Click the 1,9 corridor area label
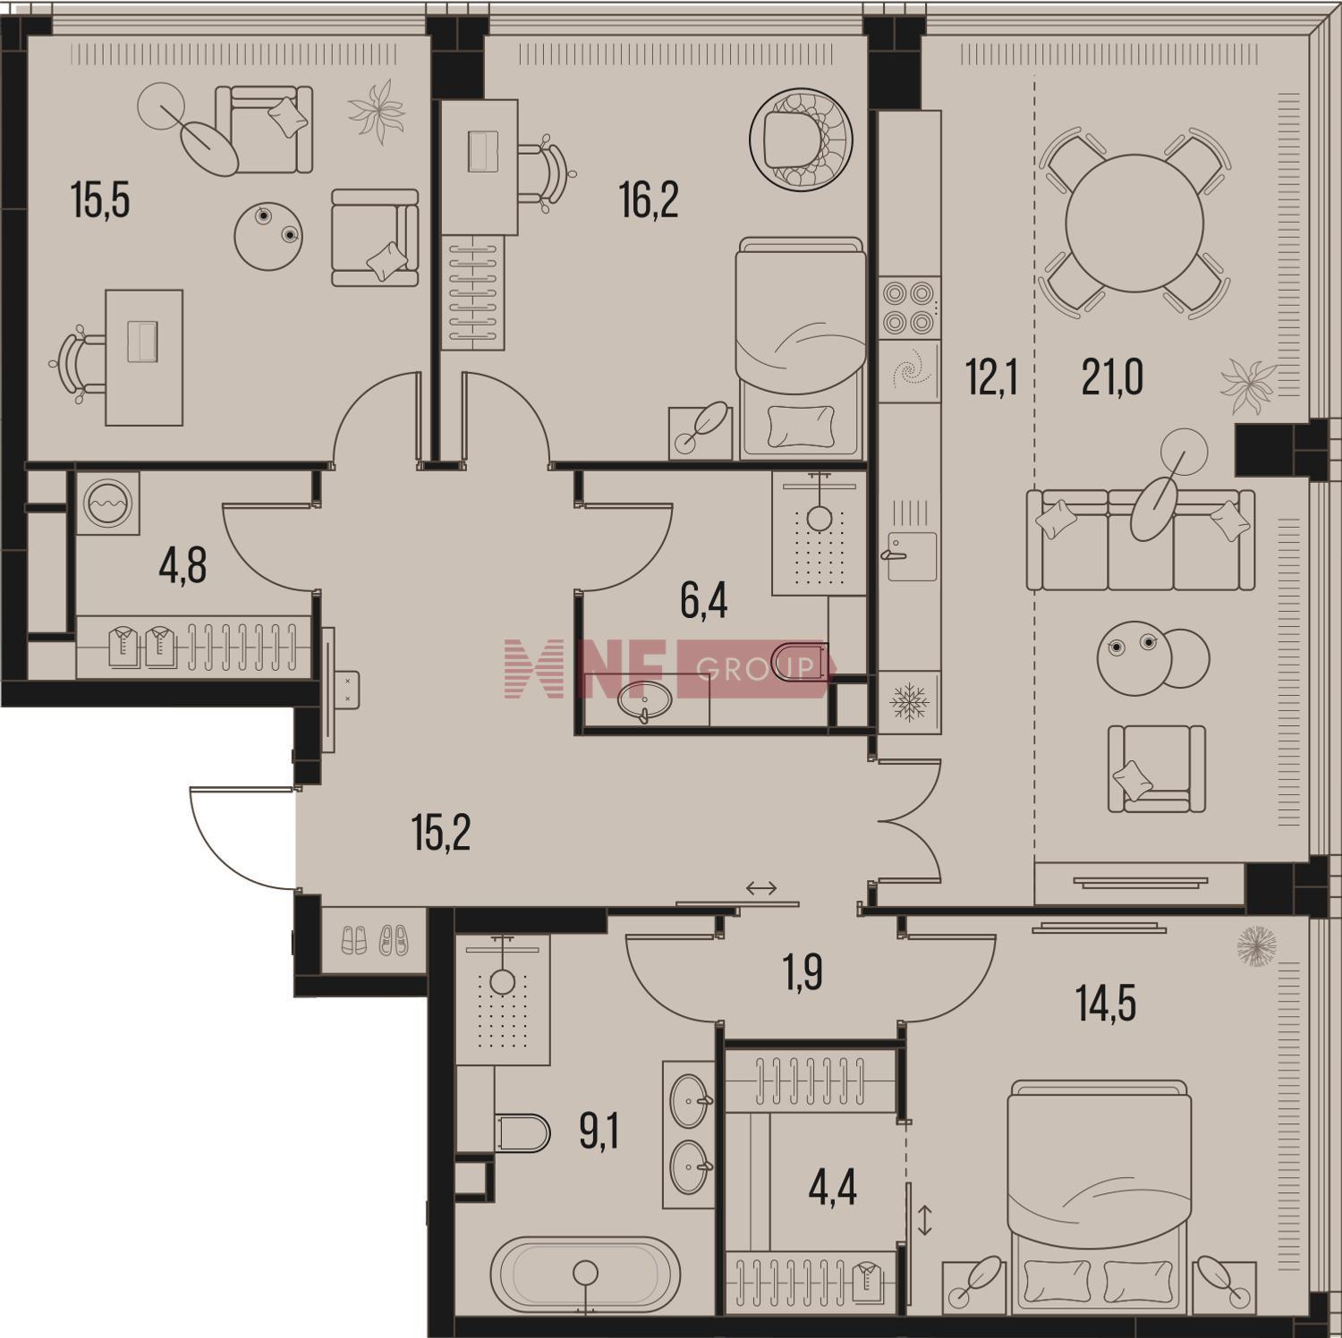(803, 973)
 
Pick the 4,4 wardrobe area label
(832, 1188)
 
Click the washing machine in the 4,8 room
(107, 504)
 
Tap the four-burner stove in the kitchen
(909, 308)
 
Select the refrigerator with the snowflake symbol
(909, 702)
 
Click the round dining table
(1134, 223)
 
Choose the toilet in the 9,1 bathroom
(522, 1132)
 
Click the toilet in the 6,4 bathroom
(799, 662)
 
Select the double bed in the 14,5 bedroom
(1099, 1192)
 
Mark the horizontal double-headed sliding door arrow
(761, 888)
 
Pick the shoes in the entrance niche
(375, 938)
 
